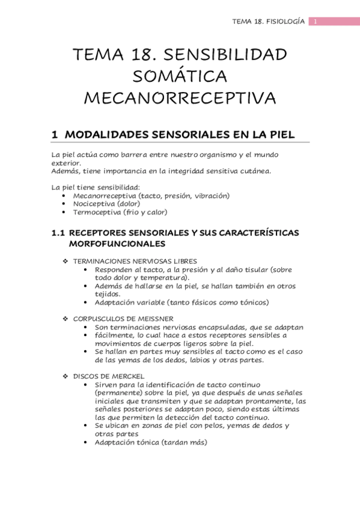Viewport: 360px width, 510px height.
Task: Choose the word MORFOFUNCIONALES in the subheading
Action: pyautogui.click(x=117, y=244)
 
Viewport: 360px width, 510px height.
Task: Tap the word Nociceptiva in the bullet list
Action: pyautogui.click(x=94, y=204)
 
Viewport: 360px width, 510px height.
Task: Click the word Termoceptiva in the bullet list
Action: pyautogui.click(x=97, y=212)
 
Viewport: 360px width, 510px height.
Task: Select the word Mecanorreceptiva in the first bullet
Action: pyautogui.click(x=105, y=195)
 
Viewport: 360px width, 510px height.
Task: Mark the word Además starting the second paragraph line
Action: pyautogui.click(x=65, y=170)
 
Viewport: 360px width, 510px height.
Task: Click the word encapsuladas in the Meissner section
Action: pyautogui.click(x=224, y=327)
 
